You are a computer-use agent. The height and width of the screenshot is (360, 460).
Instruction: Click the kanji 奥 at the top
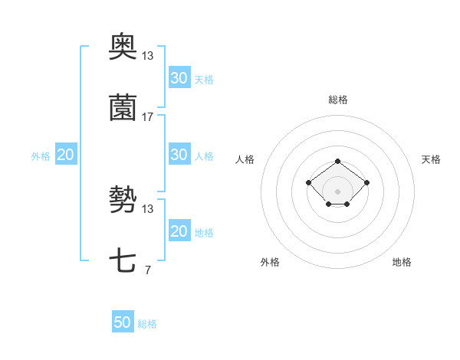click(x=123, y=47)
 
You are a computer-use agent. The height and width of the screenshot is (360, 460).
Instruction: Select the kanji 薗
click(x=123, y=108)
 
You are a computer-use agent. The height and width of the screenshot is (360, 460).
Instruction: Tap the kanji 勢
click(x=123, y=201)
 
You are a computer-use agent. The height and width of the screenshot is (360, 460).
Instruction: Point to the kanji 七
click(x=123, y=261)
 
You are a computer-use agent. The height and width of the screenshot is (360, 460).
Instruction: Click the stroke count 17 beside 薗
click(x=148, y=117)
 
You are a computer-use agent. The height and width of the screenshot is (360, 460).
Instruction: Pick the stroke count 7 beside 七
click(x=147, y=270)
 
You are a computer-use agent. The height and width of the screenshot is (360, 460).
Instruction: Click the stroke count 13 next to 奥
click(x=148, y=56)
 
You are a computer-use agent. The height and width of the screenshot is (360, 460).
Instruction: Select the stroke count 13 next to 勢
click(x=148, y=209)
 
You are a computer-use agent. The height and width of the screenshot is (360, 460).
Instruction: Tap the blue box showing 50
click(x=123, y=322)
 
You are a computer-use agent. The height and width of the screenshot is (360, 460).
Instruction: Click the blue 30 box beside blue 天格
click(x=179, y=78)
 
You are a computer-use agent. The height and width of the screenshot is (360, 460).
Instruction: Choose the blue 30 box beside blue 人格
click(x=179, y=155)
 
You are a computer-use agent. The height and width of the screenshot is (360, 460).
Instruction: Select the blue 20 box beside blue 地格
click(x=179, y=231)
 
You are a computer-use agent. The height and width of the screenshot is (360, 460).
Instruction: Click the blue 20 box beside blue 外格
click(x=66, y=155)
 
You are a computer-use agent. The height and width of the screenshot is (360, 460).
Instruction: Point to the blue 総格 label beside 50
click(x=147, y=324)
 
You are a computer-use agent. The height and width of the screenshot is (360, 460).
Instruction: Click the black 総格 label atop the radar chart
click(x=337, y=100)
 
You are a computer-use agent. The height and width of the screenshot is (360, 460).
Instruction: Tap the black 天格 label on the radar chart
click(x=432, y=159)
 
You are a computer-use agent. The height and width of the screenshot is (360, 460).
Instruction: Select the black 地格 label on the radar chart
click(x=402, y=262)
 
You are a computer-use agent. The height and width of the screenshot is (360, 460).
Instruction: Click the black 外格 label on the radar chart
click(x=270, y=262)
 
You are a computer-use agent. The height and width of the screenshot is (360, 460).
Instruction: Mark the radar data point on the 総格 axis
click(x=337, y=161)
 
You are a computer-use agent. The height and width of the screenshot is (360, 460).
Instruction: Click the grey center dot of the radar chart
click(x=337, y=191)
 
